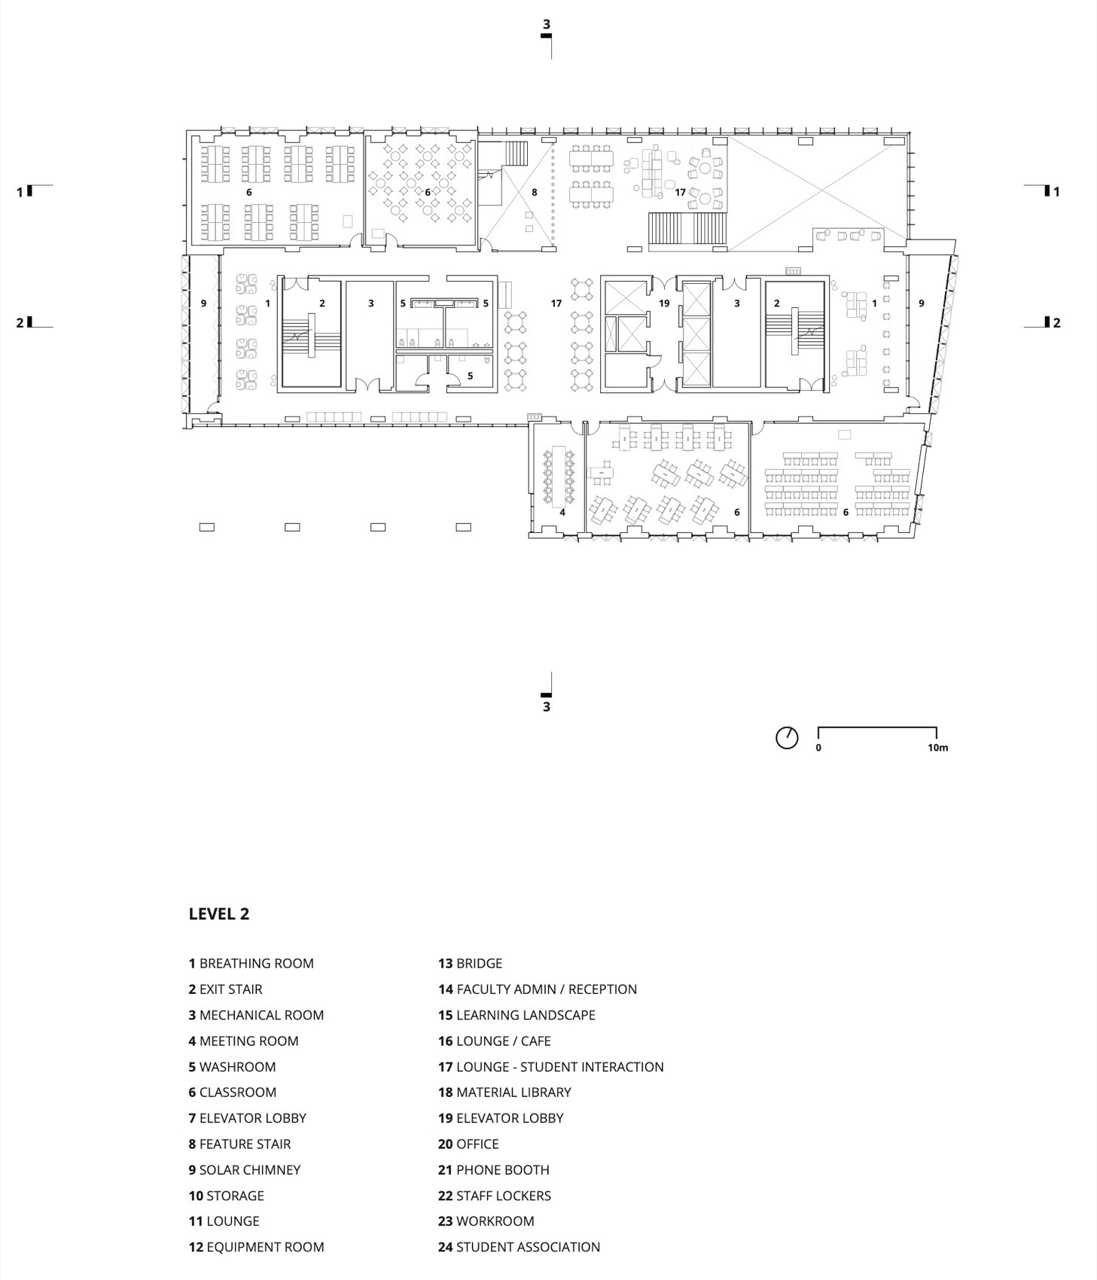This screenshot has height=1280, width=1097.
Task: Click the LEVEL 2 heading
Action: pyautogui.click(x=218, y=913)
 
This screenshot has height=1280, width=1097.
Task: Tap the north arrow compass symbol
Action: pyautogui.click(x=787, y=737)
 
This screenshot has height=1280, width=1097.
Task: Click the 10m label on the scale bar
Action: pyautogui.click(x=937, y=748)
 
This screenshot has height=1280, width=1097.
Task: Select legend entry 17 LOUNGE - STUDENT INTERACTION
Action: pyautogui.click(x=550, y=1066)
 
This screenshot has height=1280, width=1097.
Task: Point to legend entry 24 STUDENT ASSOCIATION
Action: pyautogui.click(x=519, y=1247)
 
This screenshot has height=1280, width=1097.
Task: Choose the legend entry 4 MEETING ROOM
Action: pyautogui.click(x=243, y=1041)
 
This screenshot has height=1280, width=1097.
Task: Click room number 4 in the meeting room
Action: pyautogui.click(x=562, y=512)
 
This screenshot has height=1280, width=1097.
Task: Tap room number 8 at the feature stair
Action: pyautogui.click(x=535, y=192)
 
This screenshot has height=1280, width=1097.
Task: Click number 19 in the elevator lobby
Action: pyautogui.click(x=664, y=303)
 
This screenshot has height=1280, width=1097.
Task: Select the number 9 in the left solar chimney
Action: pyautogui.click(x=203, y=303)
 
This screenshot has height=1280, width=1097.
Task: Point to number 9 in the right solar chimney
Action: pyautogui.click(x=922, y=303)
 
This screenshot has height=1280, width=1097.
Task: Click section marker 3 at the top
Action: pyautogui.click(x=547, y=25)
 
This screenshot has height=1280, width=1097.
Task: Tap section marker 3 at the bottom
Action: pyautogui.click(x=547, y=706)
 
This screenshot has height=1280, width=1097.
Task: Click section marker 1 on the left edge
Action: pyautogui.click(x=20, y=192)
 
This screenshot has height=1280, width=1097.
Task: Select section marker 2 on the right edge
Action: pyautogui.click(x=1056, y=323)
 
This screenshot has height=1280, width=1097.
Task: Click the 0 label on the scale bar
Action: pyautogui.click(x=818, y=748)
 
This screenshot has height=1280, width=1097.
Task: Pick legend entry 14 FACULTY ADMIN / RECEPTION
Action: pyautogui.click(x=538, y=989)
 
